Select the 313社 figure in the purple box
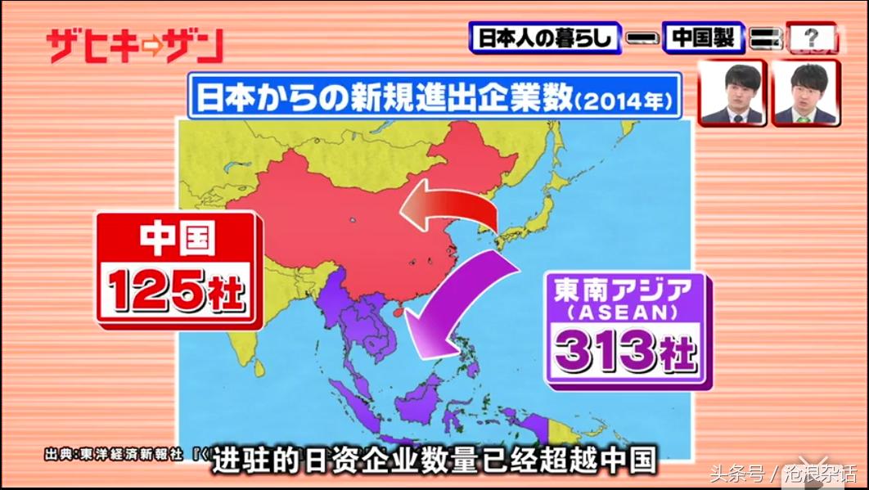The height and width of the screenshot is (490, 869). [624, 350]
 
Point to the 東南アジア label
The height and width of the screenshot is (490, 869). [624, 290]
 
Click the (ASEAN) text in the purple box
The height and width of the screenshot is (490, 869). [624, 312]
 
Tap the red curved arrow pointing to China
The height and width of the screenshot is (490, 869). [450, 209]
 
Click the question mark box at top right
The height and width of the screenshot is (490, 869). [811, 38]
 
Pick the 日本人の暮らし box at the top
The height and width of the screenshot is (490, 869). [547, 38]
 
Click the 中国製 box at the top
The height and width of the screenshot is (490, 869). [703, 38]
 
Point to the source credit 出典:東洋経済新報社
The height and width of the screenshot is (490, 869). [115, 452]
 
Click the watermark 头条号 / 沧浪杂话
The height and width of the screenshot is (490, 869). [781, 474]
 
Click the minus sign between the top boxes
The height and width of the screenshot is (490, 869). [641, 38]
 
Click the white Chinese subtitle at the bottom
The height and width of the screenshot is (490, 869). [434, 461]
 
